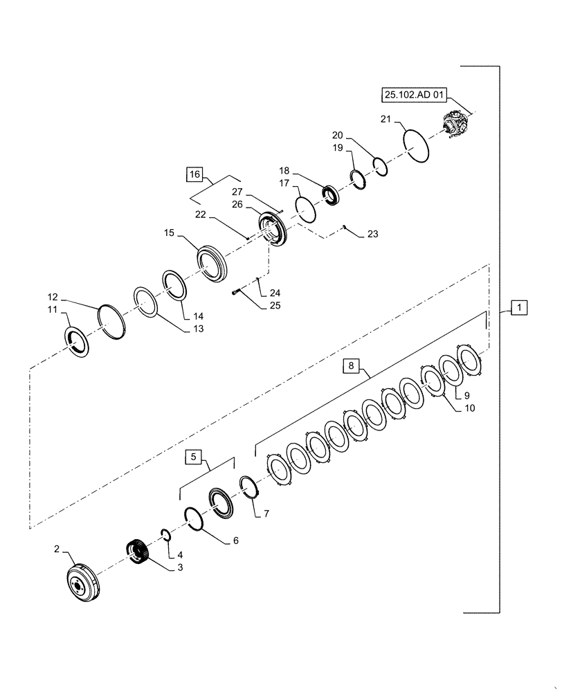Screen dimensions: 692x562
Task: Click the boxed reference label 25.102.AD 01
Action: [x=410, y=95]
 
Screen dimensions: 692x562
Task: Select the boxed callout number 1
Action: [x=520, y=307]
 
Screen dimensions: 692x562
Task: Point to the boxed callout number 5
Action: [x=194, y=457]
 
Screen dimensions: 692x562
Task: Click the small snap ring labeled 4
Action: [x=165, y=534]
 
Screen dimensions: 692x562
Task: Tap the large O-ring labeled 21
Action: [x=417, y=146]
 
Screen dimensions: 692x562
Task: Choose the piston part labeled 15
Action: [x=212, y=264]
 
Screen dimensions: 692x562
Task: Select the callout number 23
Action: [x=372, y=235]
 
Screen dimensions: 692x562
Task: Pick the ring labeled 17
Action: [x=305, y=208]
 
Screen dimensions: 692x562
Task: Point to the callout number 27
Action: [x=238, y=192]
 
